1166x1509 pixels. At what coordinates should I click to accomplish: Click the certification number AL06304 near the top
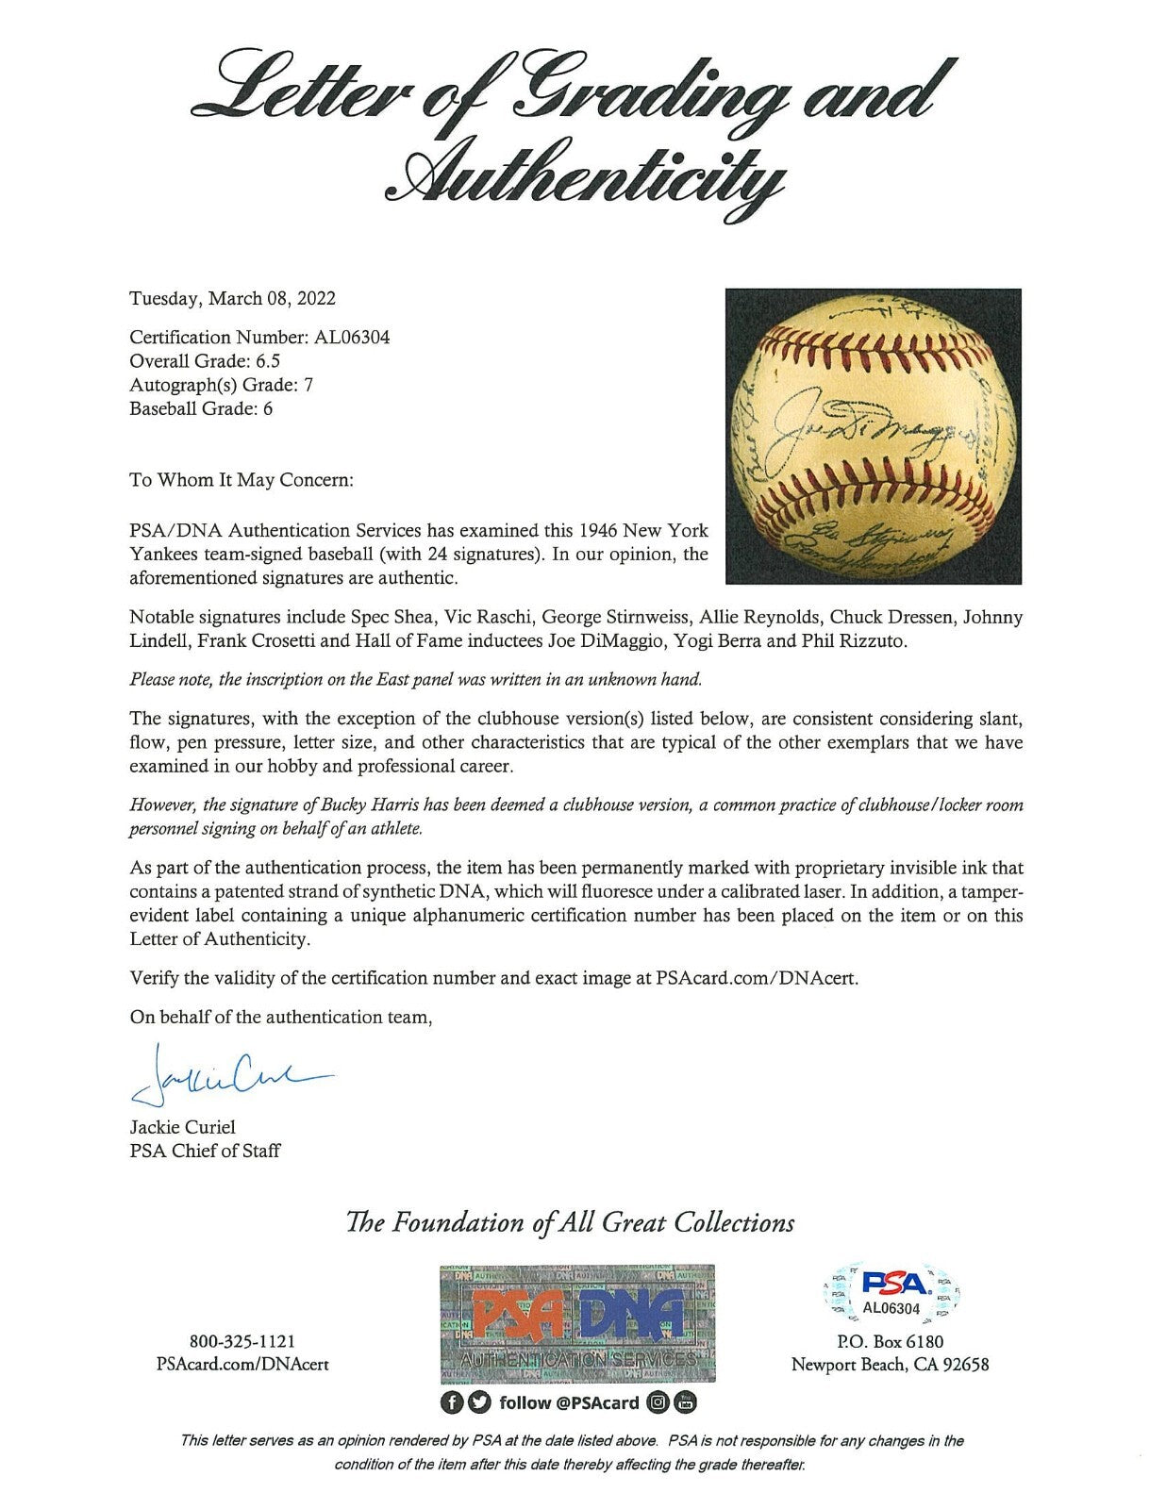(x=348, y=337)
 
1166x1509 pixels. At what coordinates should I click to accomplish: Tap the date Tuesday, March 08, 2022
(x=232, y=298)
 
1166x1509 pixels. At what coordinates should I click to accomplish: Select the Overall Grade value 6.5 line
(x=205, y=360)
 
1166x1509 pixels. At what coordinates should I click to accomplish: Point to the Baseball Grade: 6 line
(x=201, y=408)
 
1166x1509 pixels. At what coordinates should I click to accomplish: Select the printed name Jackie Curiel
(x=183, y=1127)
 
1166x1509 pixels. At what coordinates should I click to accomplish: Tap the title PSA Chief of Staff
(x=204, y=1151)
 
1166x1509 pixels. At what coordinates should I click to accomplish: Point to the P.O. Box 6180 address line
(x=890, y=1341)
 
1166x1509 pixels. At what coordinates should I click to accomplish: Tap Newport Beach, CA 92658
(x=890, y=1365)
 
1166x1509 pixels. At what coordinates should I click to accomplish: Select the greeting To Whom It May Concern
(x=241, y=480)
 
